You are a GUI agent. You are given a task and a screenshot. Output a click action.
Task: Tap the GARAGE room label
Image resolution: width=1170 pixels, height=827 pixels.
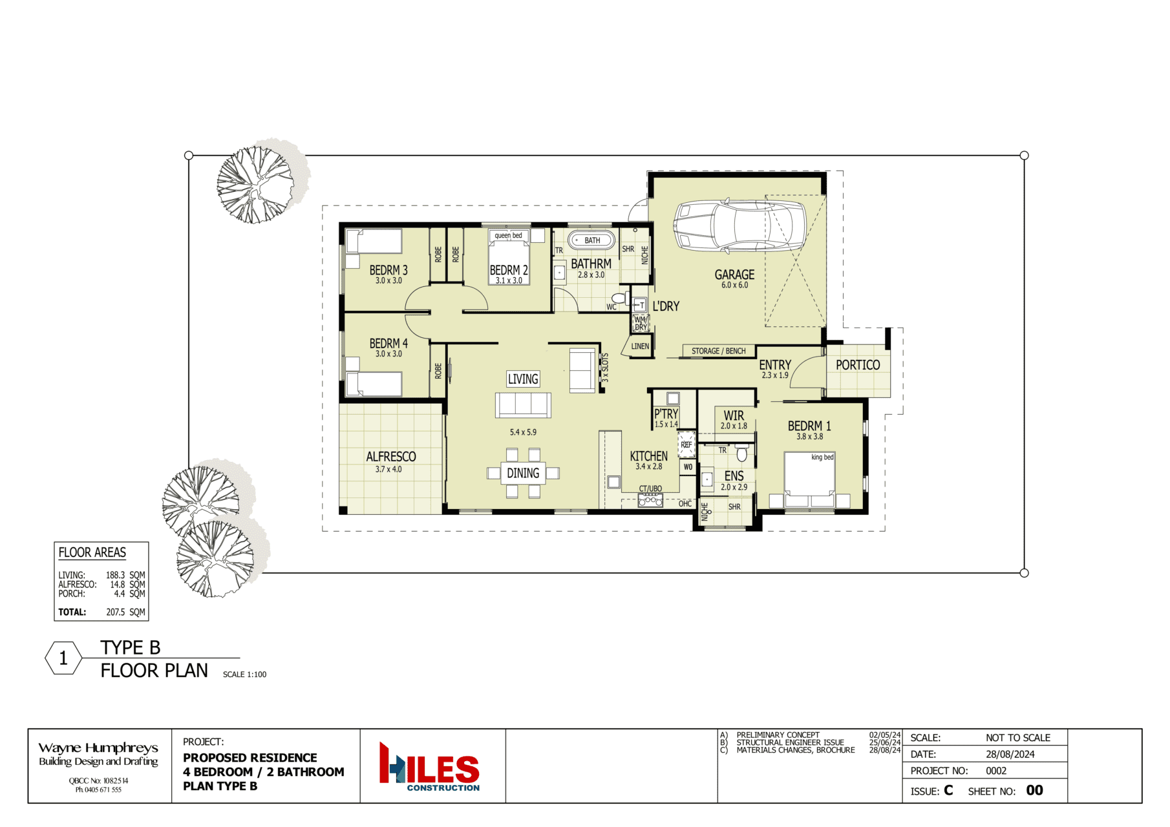click(x=734, y=275)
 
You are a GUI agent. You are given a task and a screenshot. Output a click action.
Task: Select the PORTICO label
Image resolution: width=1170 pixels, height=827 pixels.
click(x=858, y=365)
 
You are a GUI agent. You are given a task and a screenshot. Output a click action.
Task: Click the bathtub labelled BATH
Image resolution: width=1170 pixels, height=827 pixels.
click(x=591, y=240)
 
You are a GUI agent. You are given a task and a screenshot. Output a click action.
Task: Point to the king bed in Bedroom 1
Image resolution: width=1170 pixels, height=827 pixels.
click(x=809, y=479)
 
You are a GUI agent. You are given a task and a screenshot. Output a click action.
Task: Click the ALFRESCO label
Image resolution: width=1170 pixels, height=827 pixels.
click(x=391, y=457)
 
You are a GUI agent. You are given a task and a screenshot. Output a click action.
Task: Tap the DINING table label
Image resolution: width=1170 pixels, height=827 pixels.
click(x=523, y=474)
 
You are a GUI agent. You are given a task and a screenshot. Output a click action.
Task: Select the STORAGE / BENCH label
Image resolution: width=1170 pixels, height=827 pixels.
click(x=719, y=351)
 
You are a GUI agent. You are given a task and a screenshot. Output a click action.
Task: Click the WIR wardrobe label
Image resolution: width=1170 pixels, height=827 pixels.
click(x=734, y=415)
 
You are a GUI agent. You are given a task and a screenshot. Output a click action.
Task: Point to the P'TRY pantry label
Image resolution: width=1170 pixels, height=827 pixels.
click(x=666, y=414)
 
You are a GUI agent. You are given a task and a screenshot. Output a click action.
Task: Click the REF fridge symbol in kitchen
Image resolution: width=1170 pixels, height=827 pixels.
click(x=686, y=445)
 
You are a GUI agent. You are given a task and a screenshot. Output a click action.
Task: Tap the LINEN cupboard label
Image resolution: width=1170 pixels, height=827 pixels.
click(x=640, y=346)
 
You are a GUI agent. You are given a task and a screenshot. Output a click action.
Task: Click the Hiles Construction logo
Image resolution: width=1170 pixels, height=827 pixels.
click(x=429, y=766)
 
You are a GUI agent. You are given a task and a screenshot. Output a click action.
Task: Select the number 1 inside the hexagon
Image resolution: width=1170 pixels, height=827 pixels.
click(x=63, y=658)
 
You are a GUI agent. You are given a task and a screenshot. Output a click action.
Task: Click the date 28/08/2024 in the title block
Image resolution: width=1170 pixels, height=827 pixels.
click(x=1010, y=754)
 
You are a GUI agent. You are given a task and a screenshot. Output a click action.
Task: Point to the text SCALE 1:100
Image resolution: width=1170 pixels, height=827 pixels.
click(x=244, y=675)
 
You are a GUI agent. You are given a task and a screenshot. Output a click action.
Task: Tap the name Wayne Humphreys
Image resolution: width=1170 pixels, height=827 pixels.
click(x=98, y=748)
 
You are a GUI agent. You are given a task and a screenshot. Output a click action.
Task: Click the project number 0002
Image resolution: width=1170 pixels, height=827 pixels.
click(x=996, y=771)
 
